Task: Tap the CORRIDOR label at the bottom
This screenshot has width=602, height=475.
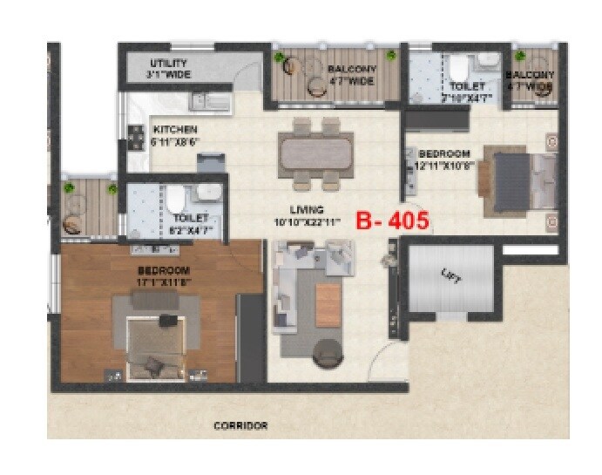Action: tap(240, 426)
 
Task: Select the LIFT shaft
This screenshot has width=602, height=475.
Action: tap(450, 279)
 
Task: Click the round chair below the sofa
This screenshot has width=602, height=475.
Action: tap(328, 353)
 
